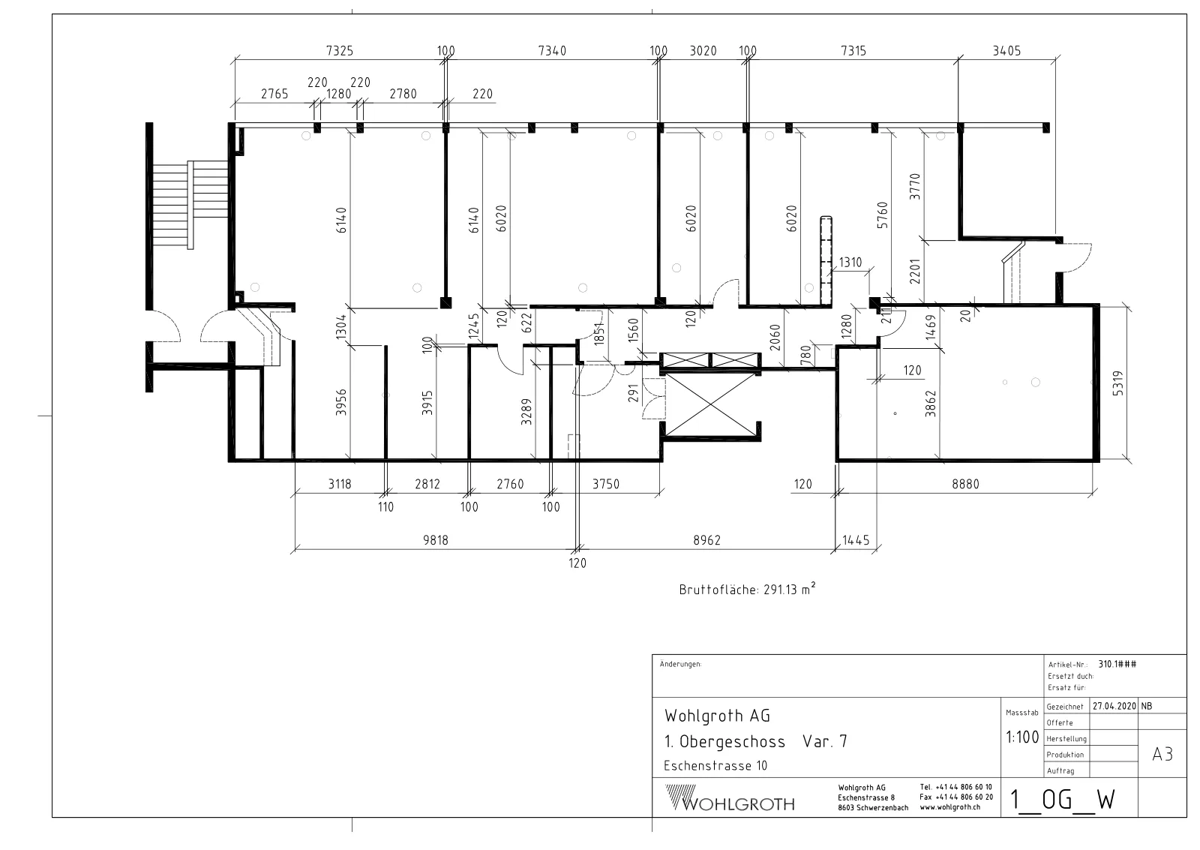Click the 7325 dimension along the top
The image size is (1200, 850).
[340, 50]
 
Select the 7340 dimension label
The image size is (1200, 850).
[552, 50]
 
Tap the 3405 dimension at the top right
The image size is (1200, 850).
[1006, 51]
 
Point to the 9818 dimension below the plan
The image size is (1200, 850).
[436, 539]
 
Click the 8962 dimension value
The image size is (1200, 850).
[706, 539]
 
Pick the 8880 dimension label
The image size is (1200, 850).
[965, 484]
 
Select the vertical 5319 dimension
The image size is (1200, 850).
[1117, 383]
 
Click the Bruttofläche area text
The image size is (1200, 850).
[747, 590]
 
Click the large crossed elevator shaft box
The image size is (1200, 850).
[709, 404]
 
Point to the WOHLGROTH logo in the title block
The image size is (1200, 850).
[730, 798]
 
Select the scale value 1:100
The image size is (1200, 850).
[1022, 737]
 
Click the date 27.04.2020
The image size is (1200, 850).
[1114, 706]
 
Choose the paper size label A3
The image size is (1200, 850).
[1162, 755]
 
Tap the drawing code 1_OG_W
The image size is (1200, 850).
[1062, 800]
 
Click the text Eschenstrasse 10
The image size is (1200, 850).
[715, 766]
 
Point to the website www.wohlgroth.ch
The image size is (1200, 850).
[949, 807]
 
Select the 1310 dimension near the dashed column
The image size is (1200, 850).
[850, 262]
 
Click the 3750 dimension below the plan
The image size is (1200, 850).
[605, 484]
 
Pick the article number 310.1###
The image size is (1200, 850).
[1117, 664]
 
